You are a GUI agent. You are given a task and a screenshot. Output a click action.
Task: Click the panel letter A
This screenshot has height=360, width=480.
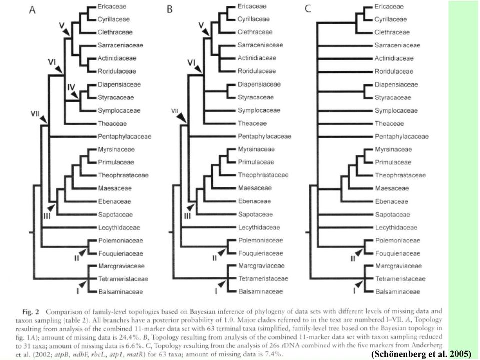pyautogui.click(x=32, y=10)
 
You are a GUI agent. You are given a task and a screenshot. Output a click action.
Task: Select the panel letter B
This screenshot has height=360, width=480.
pyautogui.click(x=170, y=9)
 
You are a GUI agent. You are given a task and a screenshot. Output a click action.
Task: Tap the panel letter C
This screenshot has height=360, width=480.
pyautogui.click(x=308, y=9)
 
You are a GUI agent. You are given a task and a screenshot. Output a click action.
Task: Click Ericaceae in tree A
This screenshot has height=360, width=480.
pyautogui.click(x=112, y=6)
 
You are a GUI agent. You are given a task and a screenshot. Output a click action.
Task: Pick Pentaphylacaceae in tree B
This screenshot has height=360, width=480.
pyautogui.click(x=264, y=136)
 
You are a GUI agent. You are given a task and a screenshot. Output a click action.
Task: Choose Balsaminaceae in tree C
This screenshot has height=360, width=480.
pyautogui.click(x=397, y=292)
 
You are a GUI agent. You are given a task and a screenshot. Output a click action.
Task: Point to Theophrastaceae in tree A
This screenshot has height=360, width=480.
pyautogui.click(x=123, y=175)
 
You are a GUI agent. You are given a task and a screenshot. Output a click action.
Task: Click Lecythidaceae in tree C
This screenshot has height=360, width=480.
pyautogui.click(x=396, y=228)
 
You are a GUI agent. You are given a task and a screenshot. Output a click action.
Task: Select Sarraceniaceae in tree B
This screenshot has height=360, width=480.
pyautogui.click(x=260, y=45)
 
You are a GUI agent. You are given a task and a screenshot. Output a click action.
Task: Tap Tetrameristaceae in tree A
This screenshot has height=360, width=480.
pyautogui.click(x=123, y=279)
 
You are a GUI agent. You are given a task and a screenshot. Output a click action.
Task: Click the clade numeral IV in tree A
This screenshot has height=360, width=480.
pyautogui.click(x=71, y=87)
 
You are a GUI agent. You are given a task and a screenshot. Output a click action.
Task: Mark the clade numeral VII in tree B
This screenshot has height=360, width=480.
pyautogui.click(x=175, y=110)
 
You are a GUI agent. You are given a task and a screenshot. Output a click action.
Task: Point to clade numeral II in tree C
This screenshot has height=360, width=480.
pyautogui.click(x=353, y=259)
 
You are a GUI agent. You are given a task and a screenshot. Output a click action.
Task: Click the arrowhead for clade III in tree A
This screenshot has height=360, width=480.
pyautogui.click(x=51, y=207)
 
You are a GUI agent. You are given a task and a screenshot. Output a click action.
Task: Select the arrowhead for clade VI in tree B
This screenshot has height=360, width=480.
pyautogui.click(x=199, y=69)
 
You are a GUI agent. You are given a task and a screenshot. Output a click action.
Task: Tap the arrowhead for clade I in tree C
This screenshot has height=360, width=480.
pyautogui.click(x=359, y=284)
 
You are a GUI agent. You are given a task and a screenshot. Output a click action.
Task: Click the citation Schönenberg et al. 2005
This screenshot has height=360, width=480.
pyautogui.click(x=421, y=354)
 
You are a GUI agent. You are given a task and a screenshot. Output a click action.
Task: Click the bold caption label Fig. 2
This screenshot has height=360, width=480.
pyautogui.click(x=31, y=312)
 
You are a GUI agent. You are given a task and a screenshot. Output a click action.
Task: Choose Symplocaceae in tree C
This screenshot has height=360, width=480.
pyautogui.click(x=396, y=111)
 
